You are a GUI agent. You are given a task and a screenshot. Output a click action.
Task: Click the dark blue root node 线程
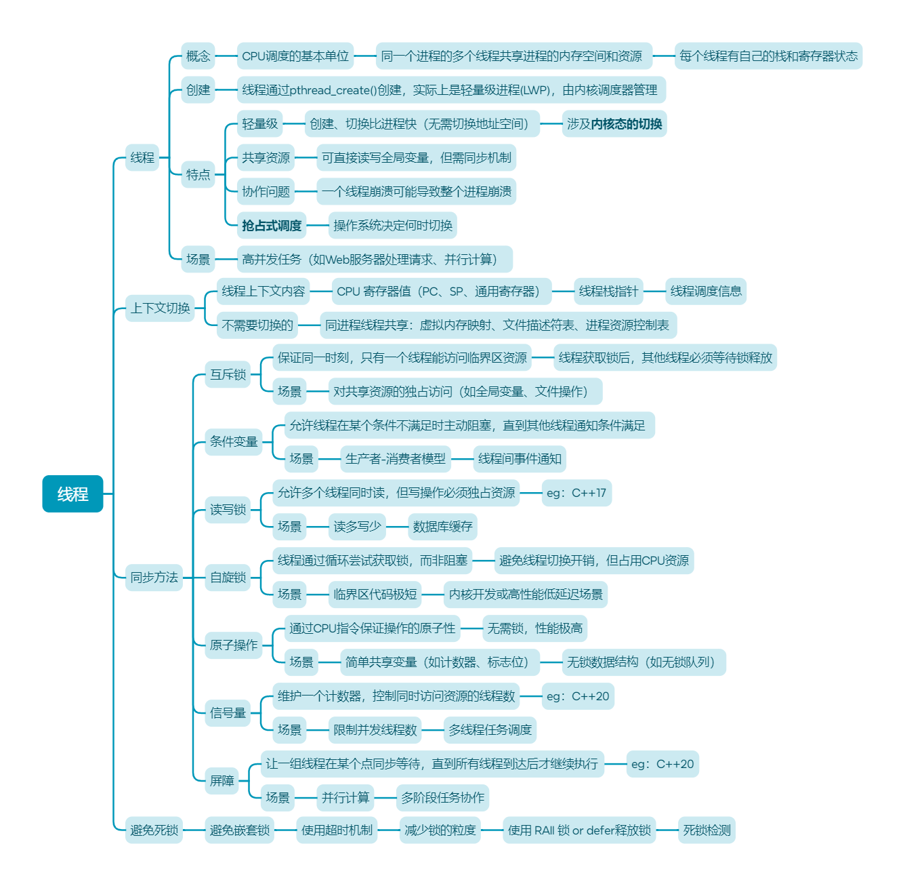72,494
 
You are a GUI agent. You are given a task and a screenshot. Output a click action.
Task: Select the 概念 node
198,56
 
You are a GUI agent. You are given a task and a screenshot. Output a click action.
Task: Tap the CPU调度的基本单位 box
295,56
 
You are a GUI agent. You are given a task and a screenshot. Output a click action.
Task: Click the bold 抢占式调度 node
272,226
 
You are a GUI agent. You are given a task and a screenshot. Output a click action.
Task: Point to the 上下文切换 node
160,308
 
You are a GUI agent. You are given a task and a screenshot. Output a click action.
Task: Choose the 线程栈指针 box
608,291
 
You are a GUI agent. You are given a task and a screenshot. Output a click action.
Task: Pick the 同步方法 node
154,578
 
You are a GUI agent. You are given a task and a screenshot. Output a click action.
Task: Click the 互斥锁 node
228,374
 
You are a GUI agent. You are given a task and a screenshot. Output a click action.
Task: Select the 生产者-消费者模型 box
396,459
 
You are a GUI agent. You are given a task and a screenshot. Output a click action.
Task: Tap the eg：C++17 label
576,493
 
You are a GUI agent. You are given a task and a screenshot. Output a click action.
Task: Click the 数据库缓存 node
442,527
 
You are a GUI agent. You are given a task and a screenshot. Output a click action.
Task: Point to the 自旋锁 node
228,578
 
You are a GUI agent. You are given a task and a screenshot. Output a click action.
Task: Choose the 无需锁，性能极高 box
534,628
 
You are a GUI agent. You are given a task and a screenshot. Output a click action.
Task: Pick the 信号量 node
228,713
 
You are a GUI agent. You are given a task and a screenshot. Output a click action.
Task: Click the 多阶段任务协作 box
442,798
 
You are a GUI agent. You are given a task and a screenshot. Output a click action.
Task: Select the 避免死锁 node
154,830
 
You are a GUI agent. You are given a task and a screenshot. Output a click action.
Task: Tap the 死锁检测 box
707,830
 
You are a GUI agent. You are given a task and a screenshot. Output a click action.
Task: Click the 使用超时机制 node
337,830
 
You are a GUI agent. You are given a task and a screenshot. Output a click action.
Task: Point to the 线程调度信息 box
706,291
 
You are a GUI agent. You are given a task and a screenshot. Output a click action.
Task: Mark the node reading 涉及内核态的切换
614,124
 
